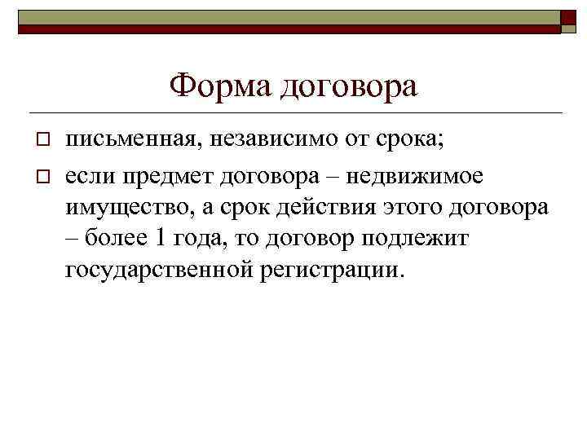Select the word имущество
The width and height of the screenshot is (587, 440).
tap(127, 207)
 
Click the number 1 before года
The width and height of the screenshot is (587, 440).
tap(162, 239)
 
